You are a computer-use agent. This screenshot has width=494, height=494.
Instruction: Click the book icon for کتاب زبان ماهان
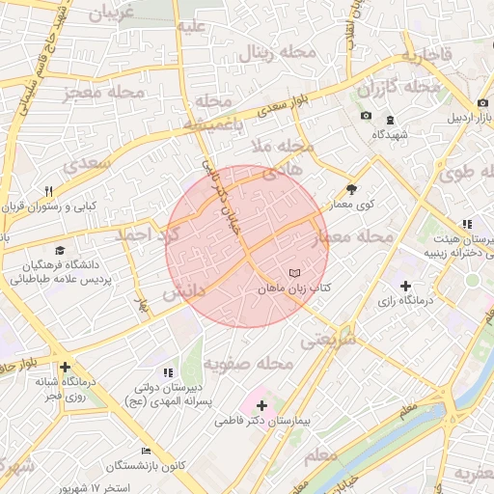pyautogui.click(x=295, y=274)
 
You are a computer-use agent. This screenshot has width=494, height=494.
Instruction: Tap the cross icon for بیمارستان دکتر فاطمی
pyautogui.click(x=261, y=405)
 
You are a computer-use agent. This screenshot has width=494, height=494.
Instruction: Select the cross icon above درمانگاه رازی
pyautogui.click(x=405, y=287)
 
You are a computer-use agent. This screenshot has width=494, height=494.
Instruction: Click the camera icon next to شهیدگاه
pyautogui.click(x=366, y=117)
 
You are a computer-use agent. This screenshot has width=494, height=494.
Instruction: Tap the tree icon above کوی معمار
pyautogui.click(x=351, y=189)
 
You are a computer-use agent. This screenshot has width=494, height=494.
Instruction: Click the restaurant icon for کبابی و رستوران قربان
pyautogui.click(x=49, y=190)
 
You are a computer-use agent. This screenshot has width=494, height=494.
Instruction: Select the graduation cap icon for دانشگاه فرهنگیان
pyautogui.click(x=60, y=250)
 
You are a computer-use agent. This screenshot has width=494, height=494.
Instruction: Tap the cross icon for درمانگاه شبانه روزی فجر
pyautogui.click(x=65, y=367)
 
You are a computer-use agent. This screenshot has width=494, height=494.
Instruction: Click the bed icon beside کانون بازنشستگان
pyautogui.click(x=146, y=451)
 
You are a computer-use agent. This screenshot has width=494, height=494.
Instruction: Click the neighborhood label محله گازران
pyautogui.click(x=398, y=88)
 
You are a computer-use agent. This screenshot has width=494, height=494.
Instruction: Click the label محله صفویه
pyautogui.click(x=248, y=364)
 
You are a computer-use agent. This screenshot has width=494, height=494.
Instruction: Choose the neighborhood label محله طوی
pyautogui.click(x=468, y=175)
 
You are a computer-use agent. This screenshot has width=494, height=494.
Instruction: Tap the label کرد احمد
pyautogui.click(x=146, y=235)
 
